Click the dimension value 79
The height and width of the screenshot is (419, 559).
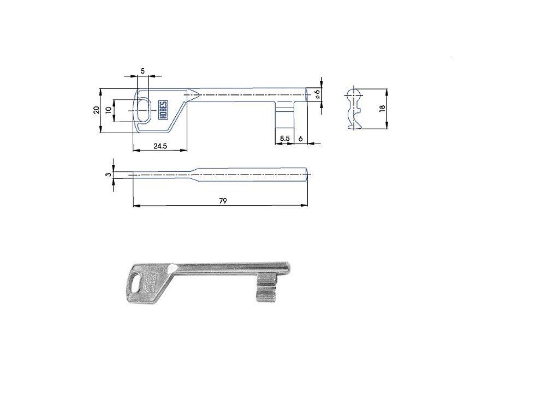223,201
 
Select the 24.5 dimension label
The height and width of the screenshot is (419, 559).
160,146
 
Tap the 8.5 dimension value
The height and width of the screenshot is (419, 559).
284,138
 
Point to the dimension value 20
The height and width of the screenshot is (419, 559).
96,110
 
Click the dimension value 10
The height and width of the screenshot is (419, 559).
109,110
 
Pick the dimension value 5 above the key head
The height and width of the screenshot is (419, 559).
142,71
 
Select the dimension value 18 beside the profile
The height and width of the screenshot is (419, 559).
383,109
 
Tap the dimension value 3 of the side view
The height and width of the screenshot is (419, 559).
108,175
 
